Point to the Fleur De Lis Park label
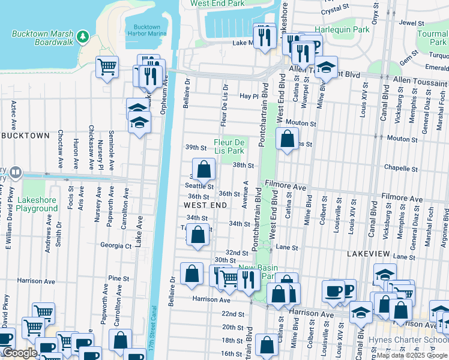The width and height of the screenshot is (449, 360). click(229, 146)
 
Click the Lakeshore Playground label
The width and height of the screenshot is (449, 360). click(29, 205)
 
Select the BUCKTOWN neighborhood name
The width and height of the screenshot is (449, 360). click(25, 136)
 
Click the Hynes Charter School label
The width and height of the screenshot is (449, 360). click(414, 339)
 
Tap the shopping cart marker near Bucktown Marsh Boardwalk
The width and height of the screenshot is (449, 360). click(107, 67)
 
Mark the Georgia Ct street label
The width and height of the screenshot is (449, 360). click(116, 245)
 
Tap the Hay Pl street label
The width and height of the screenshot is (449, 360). click(248, 96)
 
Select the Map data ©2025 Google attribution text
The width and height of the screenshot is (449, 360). click(412, 355)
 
